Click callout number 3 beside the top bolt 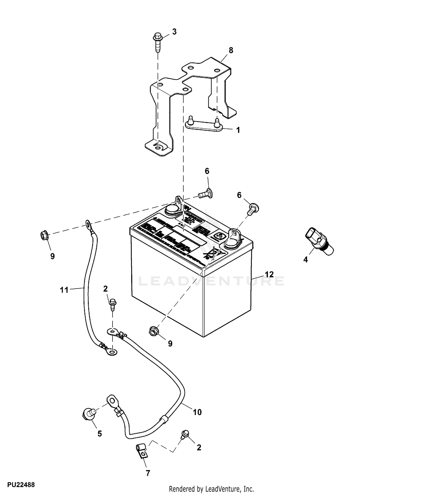pos(174,32)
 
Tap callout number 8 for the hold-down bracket pos(231,51)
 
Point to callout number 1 pos(238,130)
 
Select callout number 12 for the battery pos(269,274)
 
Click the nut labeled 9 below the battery pos(154,331)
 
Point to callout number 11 pos(64,290)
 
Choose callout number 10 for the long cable pos(197,412)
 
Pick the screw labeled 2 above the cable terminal pos(113,303)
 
